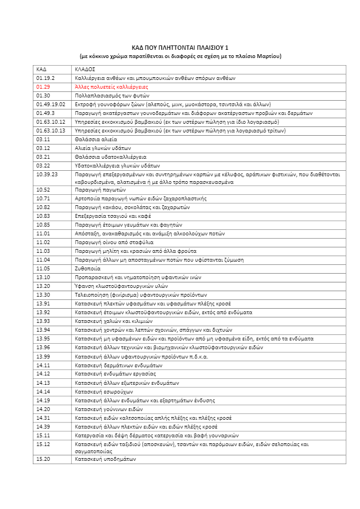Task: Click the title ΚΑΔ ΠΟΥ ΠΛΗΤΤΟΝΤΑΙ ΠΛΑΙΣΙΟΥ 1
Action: pyautogui.click(x=180, y=48)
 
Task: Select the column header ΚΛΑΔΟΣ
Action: pyautogui.click(x=85, y=70)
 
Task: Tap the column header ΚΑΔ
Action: pyautogui.click(x=42, y=70)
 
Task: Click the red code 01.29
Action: pyautogui.click(x=43, y=87)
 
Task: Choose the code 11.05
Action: pyautogui.click(x=43, y=268)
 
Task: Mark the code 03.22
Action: pyautogui.click(x=43, y=165)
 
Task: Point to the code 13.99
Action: pyautogui.click(x=43, y=356)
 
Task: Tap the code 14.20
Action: pyautogui.click(x=43, y=409)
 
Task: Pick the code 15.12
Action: pyautogui.click(x=43, y=444)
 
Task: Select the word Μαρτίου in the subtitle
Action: pyautogui.click(x=270, y=56)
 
